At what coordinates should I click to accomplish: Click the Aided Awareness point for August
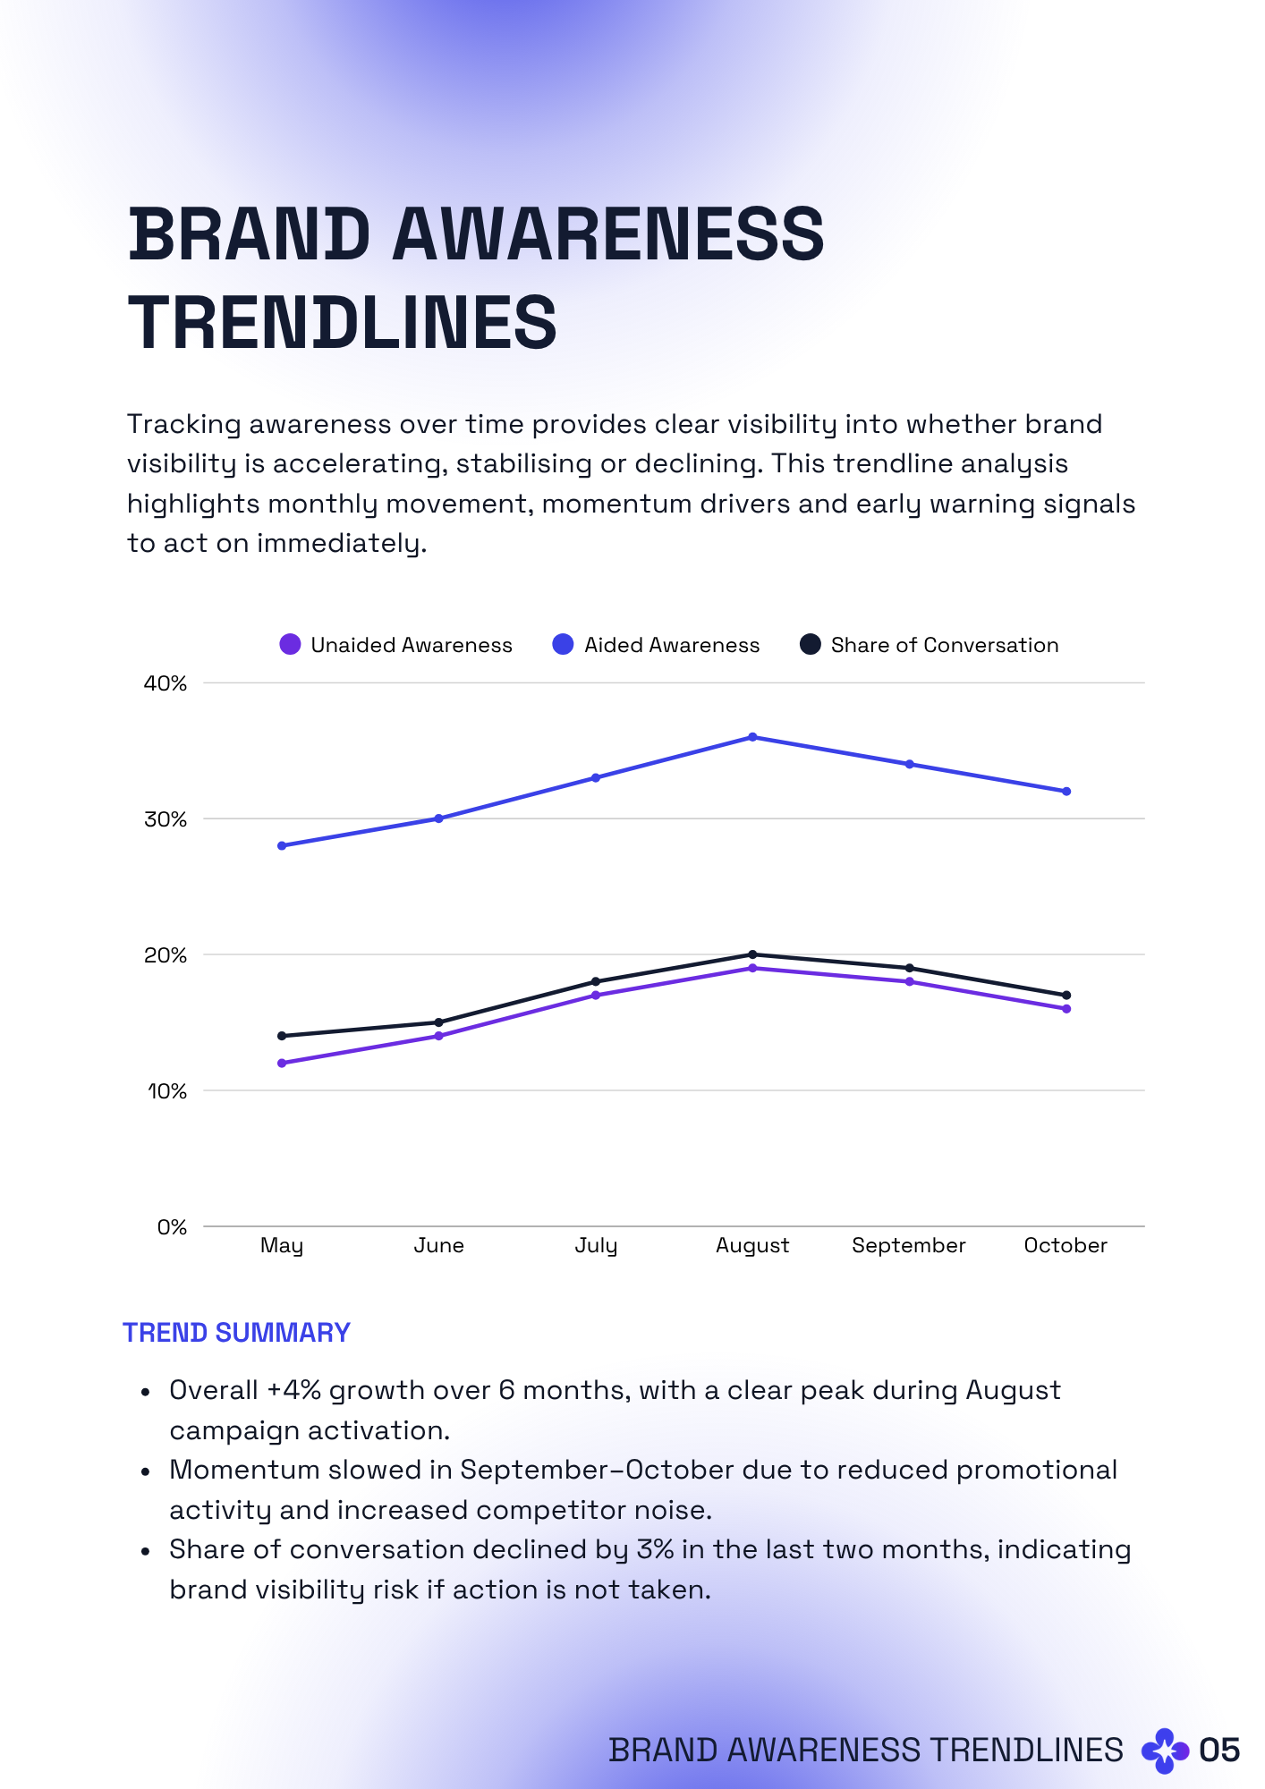click(752, 737)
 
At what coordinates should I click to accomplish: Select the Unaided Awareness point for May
click(282, 1063)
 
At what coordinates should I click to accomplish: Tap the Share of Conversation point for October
click(1066, 995)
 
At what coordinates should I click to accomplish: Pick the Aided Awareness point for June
click(438, 818)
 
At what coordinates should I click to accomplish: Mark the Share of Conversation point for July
click(596, 981)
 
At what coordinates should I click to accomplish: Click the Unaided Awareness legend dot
click(290, 644)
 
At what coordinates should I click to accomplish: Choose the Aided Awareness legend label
click(671, 645)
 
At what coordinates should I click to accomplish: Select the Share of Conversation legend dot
click(810, 644)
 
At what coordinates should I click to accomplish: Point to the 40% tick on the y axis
click(166, 683)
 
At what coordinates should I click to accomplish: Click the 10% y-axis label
click(167, 1091)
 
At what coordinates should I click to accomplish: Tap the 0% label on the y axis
click(172, 1227)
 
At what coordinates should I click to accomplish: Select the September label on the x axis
click(908, 1245)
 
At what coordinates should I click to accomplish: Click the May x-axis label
click(282, 1245)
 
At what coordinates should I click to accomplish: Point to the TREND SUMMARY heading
click(236, 1333)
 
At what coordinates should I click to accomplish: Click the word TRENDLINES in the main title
click(343, 322)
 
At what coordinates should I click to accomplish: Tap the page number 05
click(1219, 1750)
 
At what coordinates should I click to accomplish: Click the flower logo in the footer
click(1165, 1751)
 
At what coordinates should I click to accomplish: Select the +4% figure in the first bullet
click(293, 1390)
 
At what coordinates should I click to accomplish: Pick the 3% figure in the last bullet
click(655, 1549)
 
